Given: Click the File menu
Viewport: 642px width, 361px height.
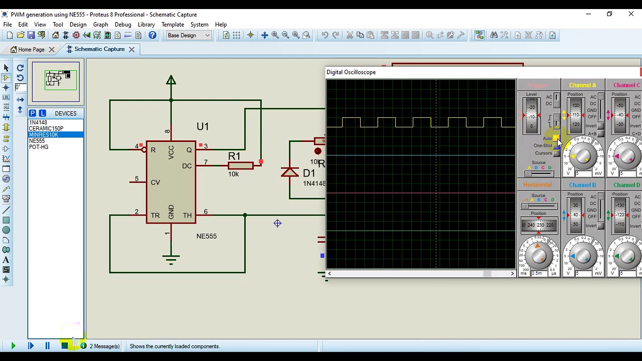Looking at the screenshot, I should [x=8, y=25].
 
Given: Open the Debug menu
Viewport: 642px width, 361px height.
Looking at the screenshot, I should [x=123, y=25].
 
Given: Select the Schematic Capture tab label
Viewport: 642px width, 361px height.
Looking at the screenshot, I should [x=99, y=49].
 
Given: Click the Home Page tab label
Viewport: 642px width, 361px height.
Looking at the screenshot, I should [x=31, y=50].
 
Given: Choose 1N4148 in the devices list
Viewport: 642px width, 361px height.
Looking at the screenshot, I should [x=38, y=122].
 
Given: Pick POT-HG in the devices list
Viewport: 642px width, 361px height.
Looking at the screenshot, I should [x=39, y=147].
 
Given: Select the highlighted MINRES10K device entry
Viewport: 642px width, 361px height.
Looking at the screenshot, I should [x=44, y=135].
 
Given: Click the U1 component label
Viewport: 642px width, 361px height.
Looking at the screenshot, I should [x=203, y=126].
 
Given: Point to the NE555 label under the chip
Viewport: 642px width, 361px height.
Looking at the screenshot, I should [x=207, y=236].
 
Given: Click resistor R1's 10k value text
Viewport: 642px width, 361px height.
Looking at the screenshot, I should [x=233, y=174].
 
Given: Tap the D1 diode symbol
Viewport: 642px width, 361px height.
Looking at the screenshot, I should [x=290, y=172].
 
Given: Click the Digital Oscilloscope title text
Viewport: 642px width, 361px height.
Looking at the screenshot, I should [x=351, y=72].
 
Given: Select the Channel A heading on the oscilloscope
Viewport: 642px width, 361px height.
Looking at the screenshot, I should [x=582, y=85].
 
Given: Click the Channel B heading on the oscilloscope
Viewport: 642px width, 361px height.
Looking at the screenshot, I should [x=582, y=185].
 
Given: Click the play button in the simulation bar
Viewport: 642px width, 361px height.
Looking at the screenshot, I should [x=13, y=346].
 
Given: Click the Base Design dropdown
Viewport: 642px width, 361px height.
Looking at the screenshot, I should [x=189, y=35].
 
